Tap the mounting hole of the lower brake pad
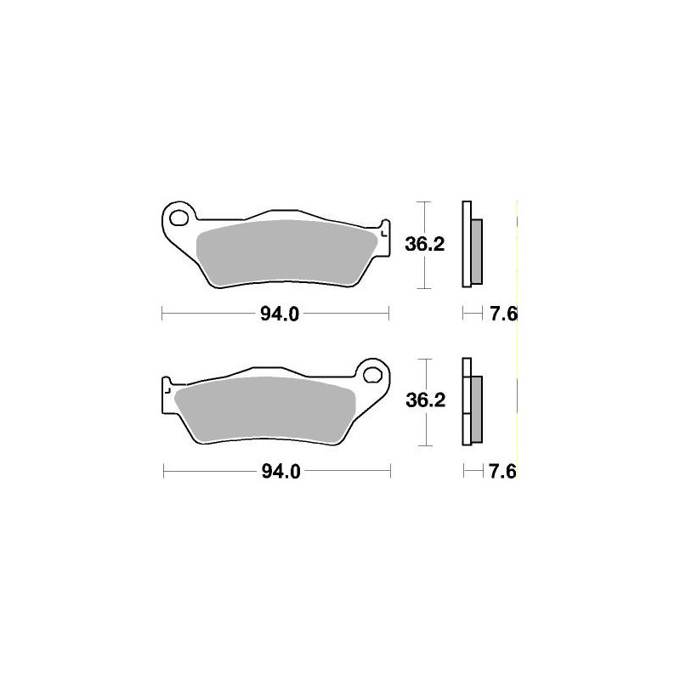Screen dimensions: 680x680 point(371,373)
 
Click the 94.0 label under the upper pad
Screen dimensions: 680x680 point(279,315)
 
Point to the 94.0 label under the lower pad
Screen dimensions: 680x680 point(279,472)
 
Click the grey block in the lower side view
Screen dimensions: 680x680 point(476,408)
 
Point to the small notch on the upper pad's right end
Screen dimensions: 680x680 point(384,230)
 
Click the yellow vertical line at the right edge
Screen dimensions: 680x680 point(518,340)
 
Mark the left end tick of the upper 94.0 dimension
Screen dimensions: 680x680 point(161,314)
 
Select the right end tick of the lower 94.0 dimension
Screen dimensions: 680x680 point(390,471)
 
